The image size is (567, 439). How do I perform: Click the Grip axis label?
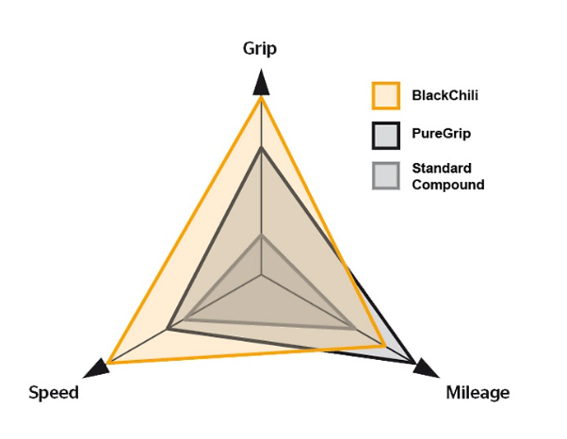[260, 49]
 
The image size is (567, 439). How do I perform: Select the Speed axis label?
[54, 392]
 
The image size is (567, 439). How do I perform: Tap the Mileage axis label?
[478, 392]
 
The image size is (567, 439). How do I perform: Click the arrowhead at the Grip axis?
[261, 82]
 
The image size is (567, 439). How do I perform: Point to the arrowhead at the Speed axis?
[96, 368]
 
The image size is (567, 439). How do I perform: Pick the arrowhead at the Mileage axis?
[426, 368]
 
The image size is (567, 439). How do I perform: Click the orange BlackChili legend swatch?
[386, 96]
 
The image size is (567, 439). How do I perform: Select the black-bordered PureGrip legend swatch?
[386, 136]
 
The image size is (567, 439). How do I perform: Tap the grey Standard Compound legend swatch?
[386, 176]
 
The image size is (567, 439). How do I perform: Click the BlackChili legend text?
[445, 95]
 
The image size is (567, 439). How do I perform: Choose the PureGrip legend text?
[442, 134]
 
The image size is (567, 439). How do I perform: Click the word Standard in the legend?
[442, 168]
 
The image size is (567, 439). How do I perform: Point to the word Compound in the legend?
[448, 185]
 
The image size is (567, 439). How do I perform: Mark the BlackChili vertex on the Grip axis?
[261, 97]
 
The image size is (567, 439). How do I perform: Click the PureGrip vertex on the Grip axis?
[261, 149]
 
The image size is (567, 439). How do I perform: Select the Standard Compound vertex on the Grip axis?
[261, 236]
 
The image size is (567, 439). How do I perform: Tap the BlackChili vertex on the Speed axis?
[108, 363]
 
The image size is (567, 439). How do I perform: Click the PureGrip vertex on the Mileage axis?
[414, 363]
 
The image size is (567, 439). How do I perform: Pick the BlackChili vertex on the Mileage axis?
[384, 346]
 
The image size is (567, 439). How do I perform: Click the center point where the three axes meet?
[261, 275]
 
